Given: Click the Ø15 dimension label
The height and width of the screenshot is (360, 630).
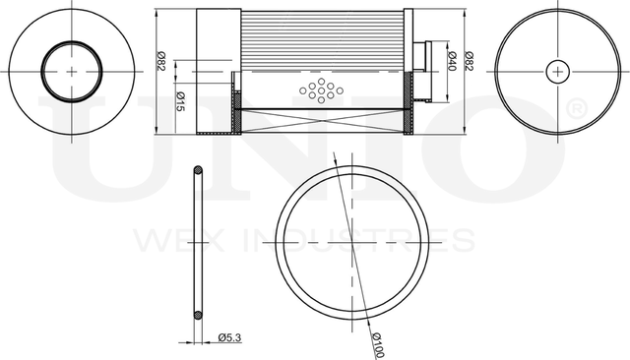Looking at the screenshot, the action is coord(180,101).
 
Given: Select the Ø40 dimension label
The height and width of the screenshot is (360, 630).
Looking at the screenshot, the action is coord(452,61).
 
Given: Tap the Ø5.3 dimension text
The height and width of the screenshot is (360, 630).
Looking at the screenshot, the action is coord(229,337).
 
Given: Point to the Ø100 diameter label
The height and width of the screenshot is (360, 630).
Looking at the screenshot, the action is coord(378,344).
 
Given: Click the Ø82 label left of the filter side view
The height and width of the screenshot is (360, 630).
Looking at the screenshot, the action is coord(161,62).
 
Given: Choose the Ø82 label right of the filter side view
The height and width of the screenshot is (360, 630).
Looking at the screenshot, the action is coord(469,61).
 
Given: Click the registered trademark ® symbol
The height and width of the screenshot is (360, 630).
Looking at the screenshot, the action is coord(577,109).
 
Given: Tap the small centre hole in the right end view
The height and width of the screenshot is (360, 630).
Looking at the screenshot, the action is coord(558,72).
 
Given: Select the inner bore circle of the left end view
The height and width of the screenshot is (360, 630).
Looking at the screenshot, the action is coord(72,41).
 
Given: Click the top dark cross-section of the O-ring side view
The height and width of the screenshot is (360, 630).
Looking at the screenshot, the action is coord(198,170).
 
